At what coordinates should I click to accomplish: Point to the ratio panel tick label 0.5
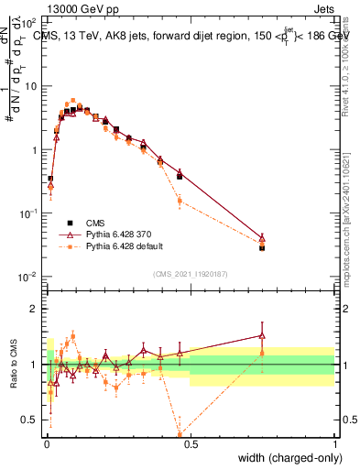click(27, 420)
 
